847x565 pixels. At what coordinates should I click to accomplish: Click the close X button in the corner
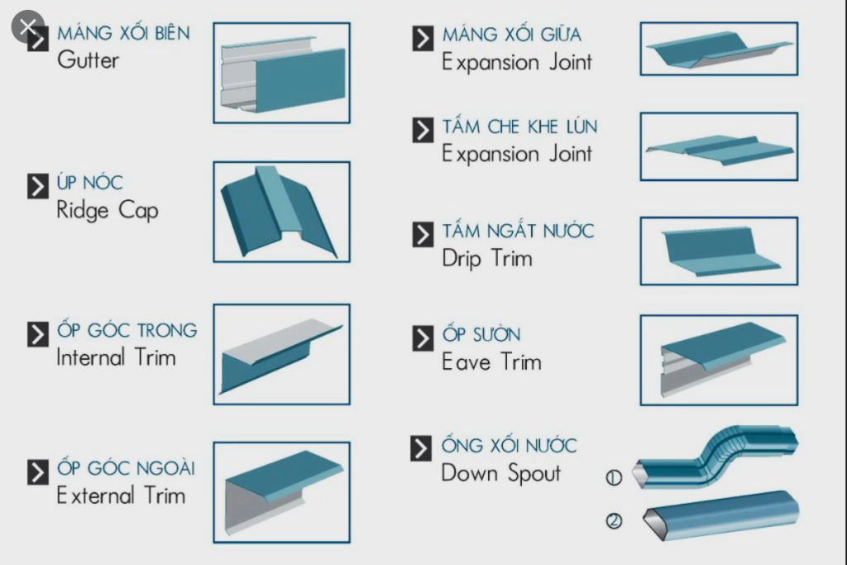(x=27, y=26)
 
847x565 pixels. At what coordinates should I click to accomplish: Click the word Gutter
(x=88, y=60)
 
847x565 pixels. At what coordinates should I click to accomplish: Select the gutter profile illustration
(x=281, y=73)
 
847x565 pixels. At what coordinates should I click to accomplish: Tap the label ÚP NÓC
(x=90, y=183)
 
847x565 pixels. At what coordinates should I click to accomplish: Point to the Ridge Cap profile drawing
(x=281, y=212)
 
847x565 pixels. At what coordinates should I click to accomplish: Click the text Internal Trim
(x=116, y=357)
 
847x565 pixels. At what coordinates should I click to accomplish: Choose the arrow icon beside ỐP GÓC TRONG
(x=38, y=334)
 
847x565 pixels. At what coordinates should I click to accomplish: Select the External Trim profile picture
(x=281, y=491)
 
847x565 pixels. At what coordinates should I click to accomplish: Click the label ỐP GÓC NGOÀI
(x=126, y=468)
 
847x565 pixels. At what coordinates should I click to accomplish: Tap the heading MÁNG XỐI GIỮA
(x=510, y=35)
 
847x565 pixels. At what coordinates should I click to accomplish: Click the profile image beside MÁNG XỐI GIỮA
(x=718, y=49)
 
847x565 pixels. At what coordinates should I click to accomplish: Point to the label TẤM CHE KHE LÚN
(x=519, y=127)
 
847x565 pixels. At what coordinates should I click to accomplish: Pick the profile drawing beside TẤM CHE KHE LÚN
(x=718, y=147)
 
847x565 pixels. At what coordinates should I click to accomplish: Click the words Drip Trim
(x=486, y=258)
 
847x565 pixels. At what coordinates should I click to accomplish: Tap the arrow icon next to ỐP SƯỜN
(x=423, y=338)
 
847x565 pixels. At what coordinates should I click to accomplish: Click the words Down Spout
(x=500, y=473)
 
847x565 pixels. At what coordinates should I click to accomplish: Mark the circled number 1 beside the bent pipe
(x=614, y=477)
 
